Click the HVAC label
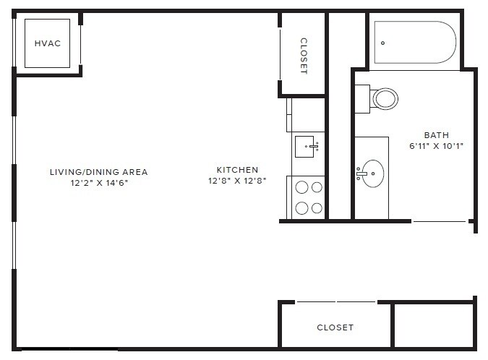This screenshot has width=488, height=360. pos(48,43)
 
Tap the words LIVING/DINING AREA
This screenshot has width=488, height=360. pos(98,172)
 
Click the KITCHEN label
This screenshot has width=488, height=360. pos(237,170)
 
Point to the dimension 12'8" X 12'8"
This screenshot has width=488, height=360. pos(237,181)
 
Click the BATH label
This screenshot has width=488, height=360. pos(436,135)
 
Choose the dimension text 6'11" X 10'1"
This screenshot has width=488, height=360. pos(436,145)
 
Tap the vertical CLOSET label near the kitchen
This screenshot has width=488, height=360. pos(304,56)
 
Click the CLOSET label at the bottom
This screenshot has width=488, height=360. pos(335,327)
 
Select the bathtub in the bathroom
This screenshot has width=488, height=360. pos(414,43)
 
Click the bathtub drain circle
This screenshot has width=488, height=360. pos(382,43)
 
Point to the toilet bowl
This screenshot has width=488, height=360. pos(385,98)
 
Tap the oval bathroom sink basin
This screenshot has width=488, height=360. pos(373,173)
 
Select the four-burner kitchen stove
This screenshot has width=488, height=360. pos(309,197)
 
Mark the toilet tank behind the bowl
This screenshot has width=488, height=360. pos(362,98)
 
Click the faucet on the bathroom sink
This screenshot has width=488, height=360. pos(359,173)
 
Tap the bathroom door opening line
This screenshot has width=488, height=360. pos(440,221)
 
